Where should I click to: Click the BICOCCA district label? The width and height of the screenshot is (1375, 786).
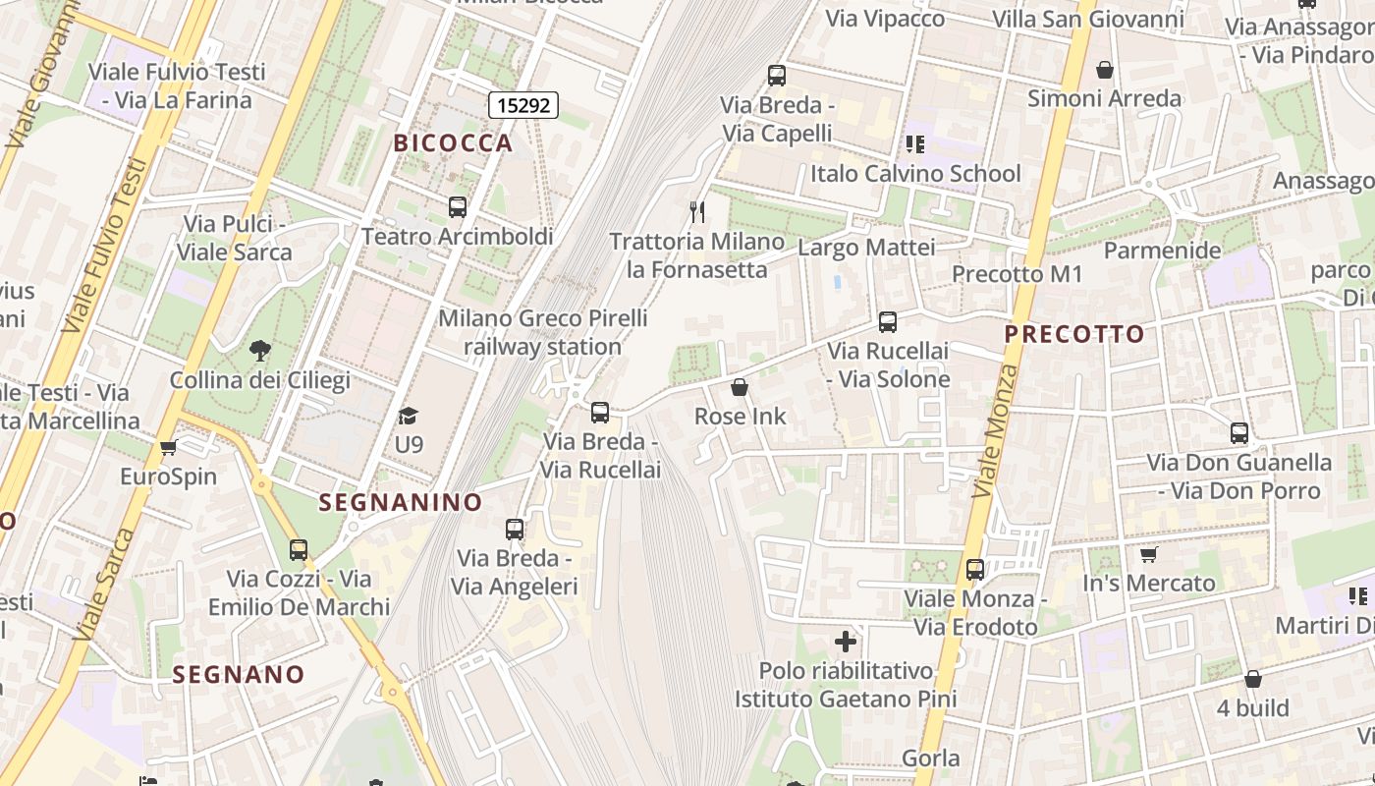pos(453,143)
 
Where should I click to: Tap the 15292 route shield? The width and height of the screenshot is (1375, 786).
pos(524,105)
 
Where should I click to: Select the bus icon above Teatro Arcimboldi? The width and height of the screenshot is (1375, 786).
pos(458,207)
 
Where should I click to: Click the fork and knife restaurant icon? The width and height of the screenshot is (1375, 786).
pos(697,211)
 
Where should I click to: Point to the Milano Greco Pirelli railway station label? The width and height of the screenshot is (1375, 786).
pos(542,332)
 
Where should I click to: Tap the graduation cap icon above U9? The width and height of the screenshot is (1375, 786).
pos(409,416)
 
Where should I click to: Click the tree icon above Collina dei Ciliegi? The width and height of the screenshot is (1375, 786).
pos(260,350)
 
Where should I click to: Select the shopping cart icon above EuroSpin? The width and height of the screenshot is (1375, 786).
pos(168,448)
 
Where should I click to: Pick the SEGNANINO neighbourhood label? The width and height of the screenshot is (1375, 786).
pos(401,502)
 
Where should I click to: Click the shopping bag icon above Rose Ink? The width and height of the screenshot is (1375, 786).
pos(740,387)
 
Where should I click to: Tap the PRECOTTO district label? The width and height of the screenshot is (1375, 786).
pos(1074,334)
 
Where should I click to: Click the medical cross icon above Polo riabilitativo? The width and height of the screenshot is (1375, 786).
pos(846,643)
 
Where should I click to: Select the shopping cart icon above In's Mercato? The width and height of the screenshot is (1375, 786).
pos(1148,554)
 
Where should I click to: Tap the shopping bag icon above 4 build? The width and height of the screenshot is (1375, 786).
pos(1253,679)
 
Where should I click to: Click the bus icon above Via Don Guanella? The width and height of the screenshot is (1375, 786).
pos(1239,432)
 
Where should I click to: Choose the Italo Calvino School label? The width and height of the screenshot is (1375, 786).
pos(915,174)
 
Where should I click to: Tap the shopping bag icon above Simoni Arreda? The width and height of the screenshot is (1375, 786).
pos(1105,70)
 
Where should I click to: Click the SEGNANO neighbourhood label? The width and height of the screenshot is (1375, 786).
pos(239,675)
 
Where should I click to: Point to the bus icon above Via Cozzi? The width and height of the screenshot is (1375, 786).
pos(299,550)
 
